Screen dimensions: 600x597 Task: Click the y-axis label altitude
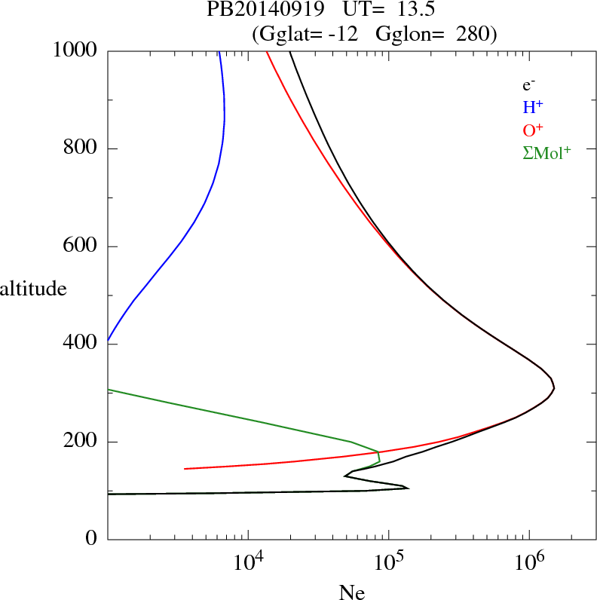[35, 289]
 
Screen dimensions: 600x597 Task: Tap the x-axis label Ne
[351, 592]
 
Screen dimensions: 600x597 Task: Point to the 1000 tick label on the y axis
[75, 51]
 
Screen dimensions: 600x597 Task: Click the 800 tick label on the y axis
[81, 148]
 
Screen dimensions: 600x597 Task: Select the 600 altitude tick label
[81, 246]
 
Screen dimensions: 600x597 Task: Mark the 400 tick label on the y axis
[81, 344]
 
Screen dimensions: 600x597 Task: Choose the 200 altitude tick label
[81, 442]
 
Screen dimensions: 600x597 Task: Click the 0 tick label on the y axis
[92, 539]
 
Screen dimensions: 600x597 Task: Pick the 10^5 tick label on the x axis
[388, 562]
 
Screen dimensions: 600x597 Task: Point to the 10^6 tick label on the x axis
[529, 562]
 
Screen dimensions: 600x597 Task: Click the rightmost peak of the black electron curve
[554, 388]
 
